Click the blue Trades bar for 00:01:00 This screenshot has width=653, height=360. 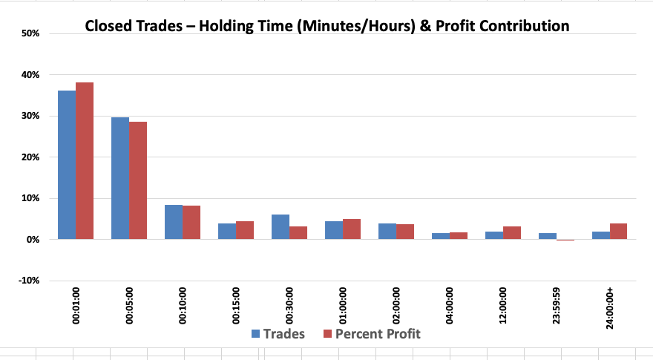click(x=67, y=165)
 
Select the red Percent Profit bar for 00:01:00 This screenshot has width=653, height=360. click(x=85, y=161)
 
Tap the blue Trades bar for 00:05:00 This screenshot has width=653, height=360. click(x=120, y=178)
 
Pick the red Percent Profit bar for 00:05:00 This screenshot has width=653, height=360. click(x=138, y=180)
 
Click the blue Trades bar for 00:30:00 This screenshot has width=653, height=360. click(x=280, y=226)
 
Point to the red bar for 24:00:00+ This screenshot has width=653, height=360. click(x=618, y=232)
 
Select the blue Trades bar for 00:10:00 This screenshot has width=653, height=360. click(x=174, y=222)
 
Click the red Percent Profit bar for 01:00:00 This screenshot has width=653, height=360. click(x=352, y=229)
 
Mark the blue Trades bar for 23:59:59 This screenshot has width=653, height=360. click(x=547, y=236)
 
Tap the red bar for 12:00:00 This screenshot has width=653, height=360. click(x=512, y=233)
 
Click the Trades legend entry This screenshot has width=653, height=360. click(x=278, y=334)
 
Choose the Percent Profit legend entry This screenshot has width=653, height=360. click(x=372, y=334)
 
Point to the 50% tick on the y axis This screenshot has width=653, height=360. click(x=30, y=33)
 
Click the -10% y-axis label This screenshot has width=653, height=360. click(x=29, y=281)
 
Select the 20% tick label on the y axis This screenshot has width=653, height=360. click(x=30, y=157)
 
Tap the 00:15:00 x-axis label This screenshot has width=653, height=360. click(x=236, y=305)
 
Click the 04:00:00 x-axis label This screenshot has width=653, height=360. click(x=450, y=305)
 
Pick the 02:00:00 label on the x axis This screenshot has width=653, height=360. click(x=396, y=305)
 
